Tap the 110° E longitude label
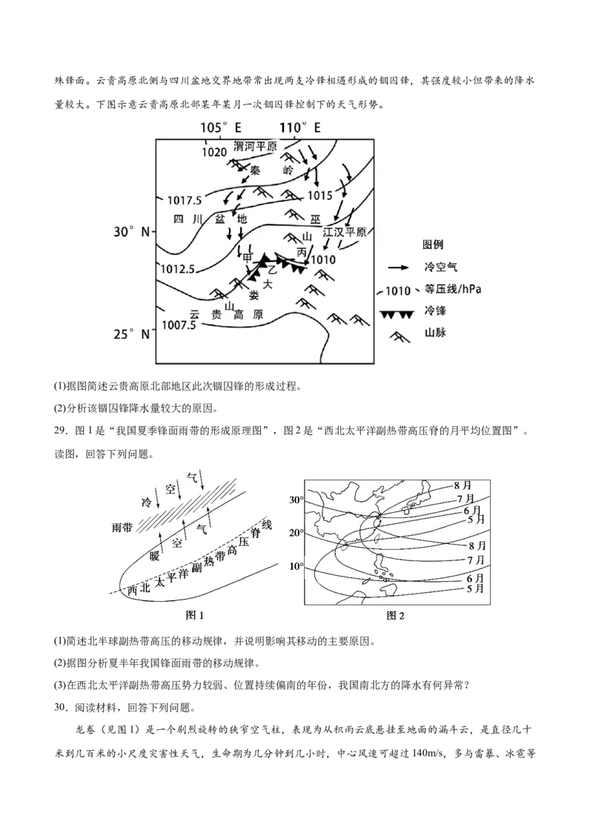300,127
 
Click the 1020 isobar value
213,152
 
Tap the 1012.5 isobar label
177,268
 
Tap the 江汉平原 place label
345,232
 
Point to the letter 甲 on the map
248,257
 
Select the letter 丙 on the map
301,252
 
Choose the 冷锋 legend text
434,312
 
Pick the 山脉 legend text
434,334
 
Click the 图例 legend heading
433,245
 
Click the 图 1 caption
193,615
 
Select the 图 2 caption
395,615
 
